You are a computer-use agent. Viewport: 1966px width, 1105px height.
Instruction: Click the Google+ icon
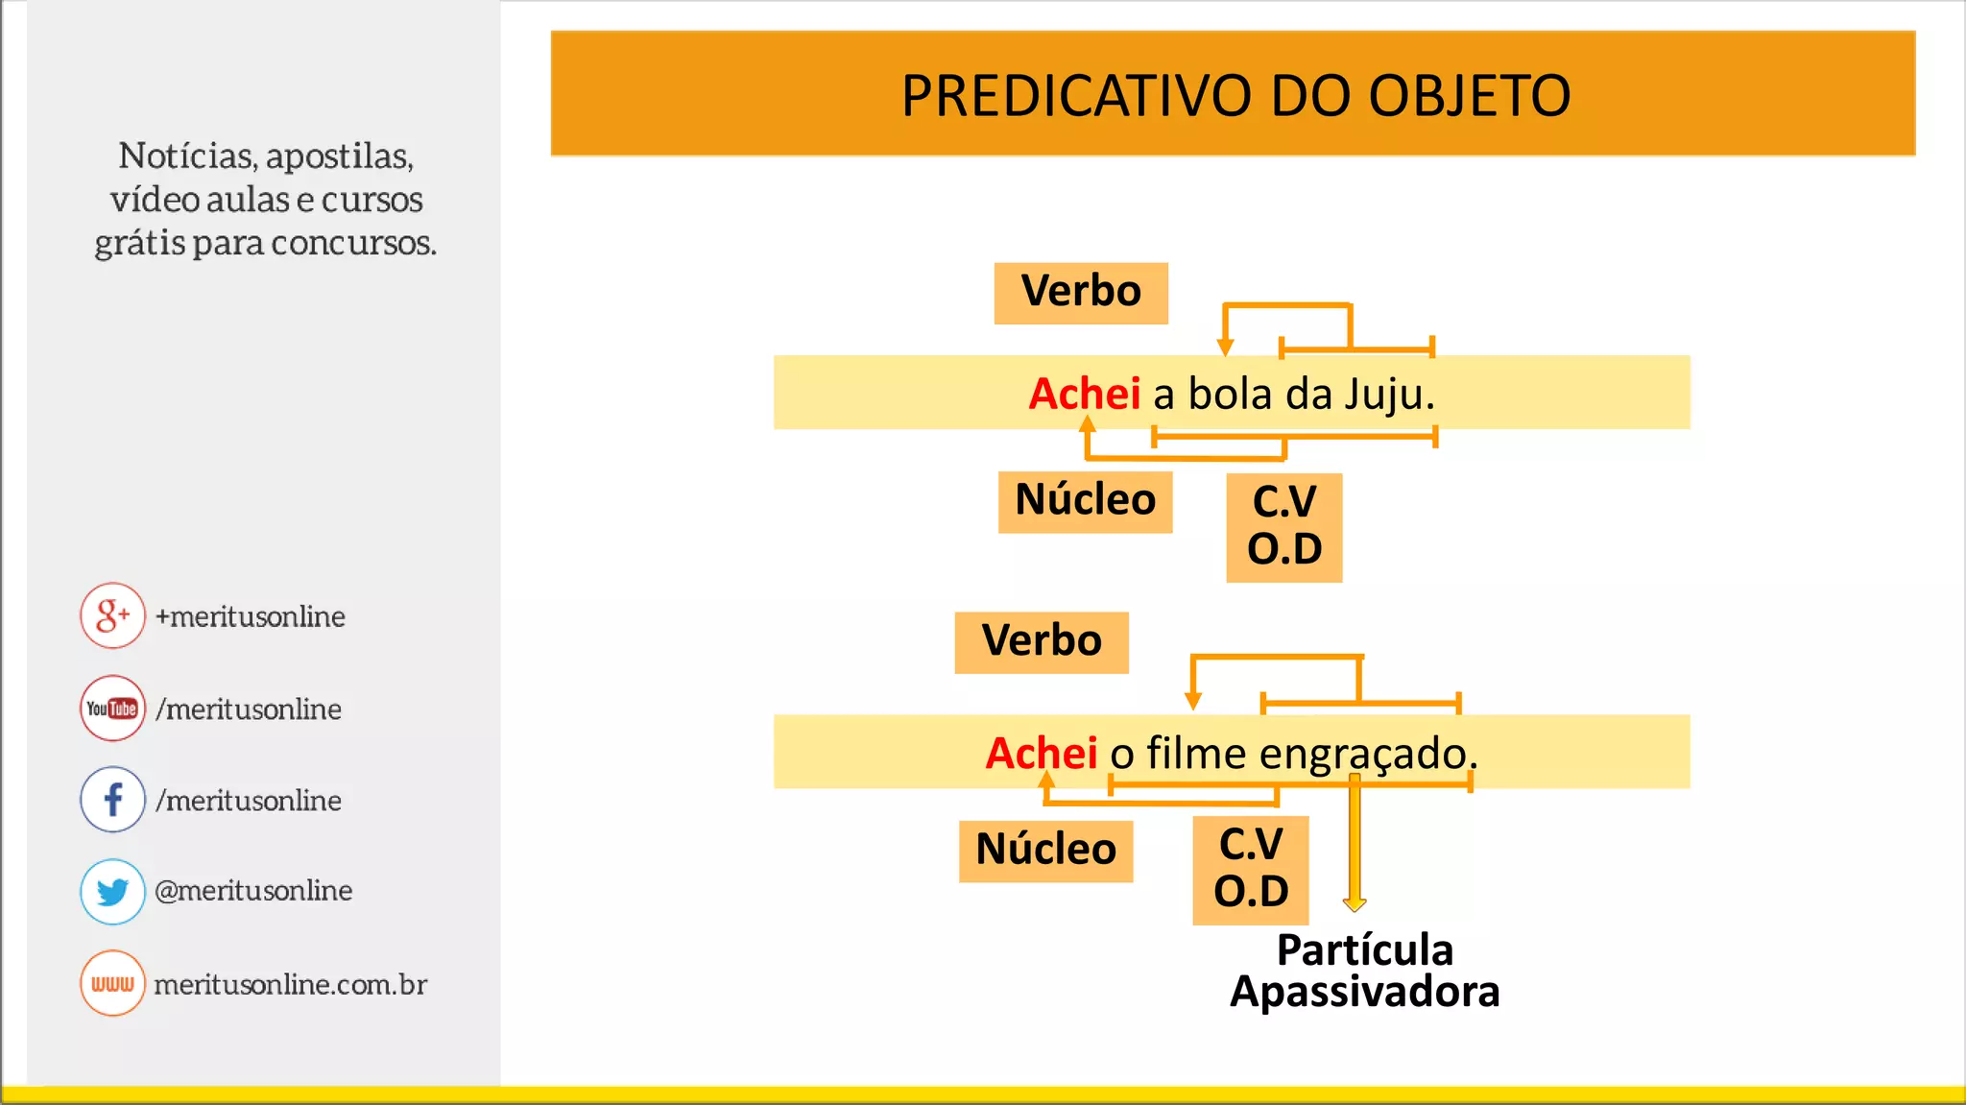coord(112,615)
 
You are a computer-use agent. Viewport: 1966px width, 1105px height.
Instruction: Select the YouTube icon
coord(112,709)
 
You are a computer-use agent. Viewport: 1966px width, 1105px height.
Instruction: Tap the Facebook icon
coord(112,799)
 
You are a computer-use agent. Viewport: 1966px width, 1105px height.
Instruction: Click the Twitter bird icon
coord(112,891)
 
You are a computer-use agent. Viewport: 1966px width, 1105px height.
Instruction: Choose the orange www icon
coord(112,983)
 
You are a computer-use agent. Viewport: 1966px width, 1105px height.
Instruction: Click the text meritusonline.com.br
coord(290,984)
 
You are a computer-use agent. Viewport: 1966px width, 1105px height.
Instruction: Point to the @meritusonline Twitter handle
coord(253,891)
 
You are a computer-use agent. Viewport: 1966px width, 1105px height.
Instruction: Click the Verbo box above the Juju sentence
coord(1081,293)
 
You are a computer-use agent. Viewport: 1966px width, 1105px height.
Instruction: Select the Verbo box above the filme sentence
coord(1042,642)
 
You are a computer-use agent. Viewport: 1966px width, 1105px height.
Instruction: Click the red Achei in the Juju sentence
coord(1084,394)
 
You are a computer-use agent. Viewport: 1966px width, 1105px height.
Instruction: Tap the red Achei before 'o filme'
coord(1041,753)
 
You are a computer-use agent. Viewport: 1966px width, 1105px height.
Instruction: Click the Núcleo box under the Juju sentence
coord(1085,501)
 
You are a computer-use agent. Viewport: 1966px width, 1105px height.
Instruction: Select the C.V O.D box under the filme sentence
coord(1251,869)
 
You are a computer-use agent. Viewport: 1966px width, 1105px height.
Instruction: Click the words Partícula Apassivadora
coord(1364,971)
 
